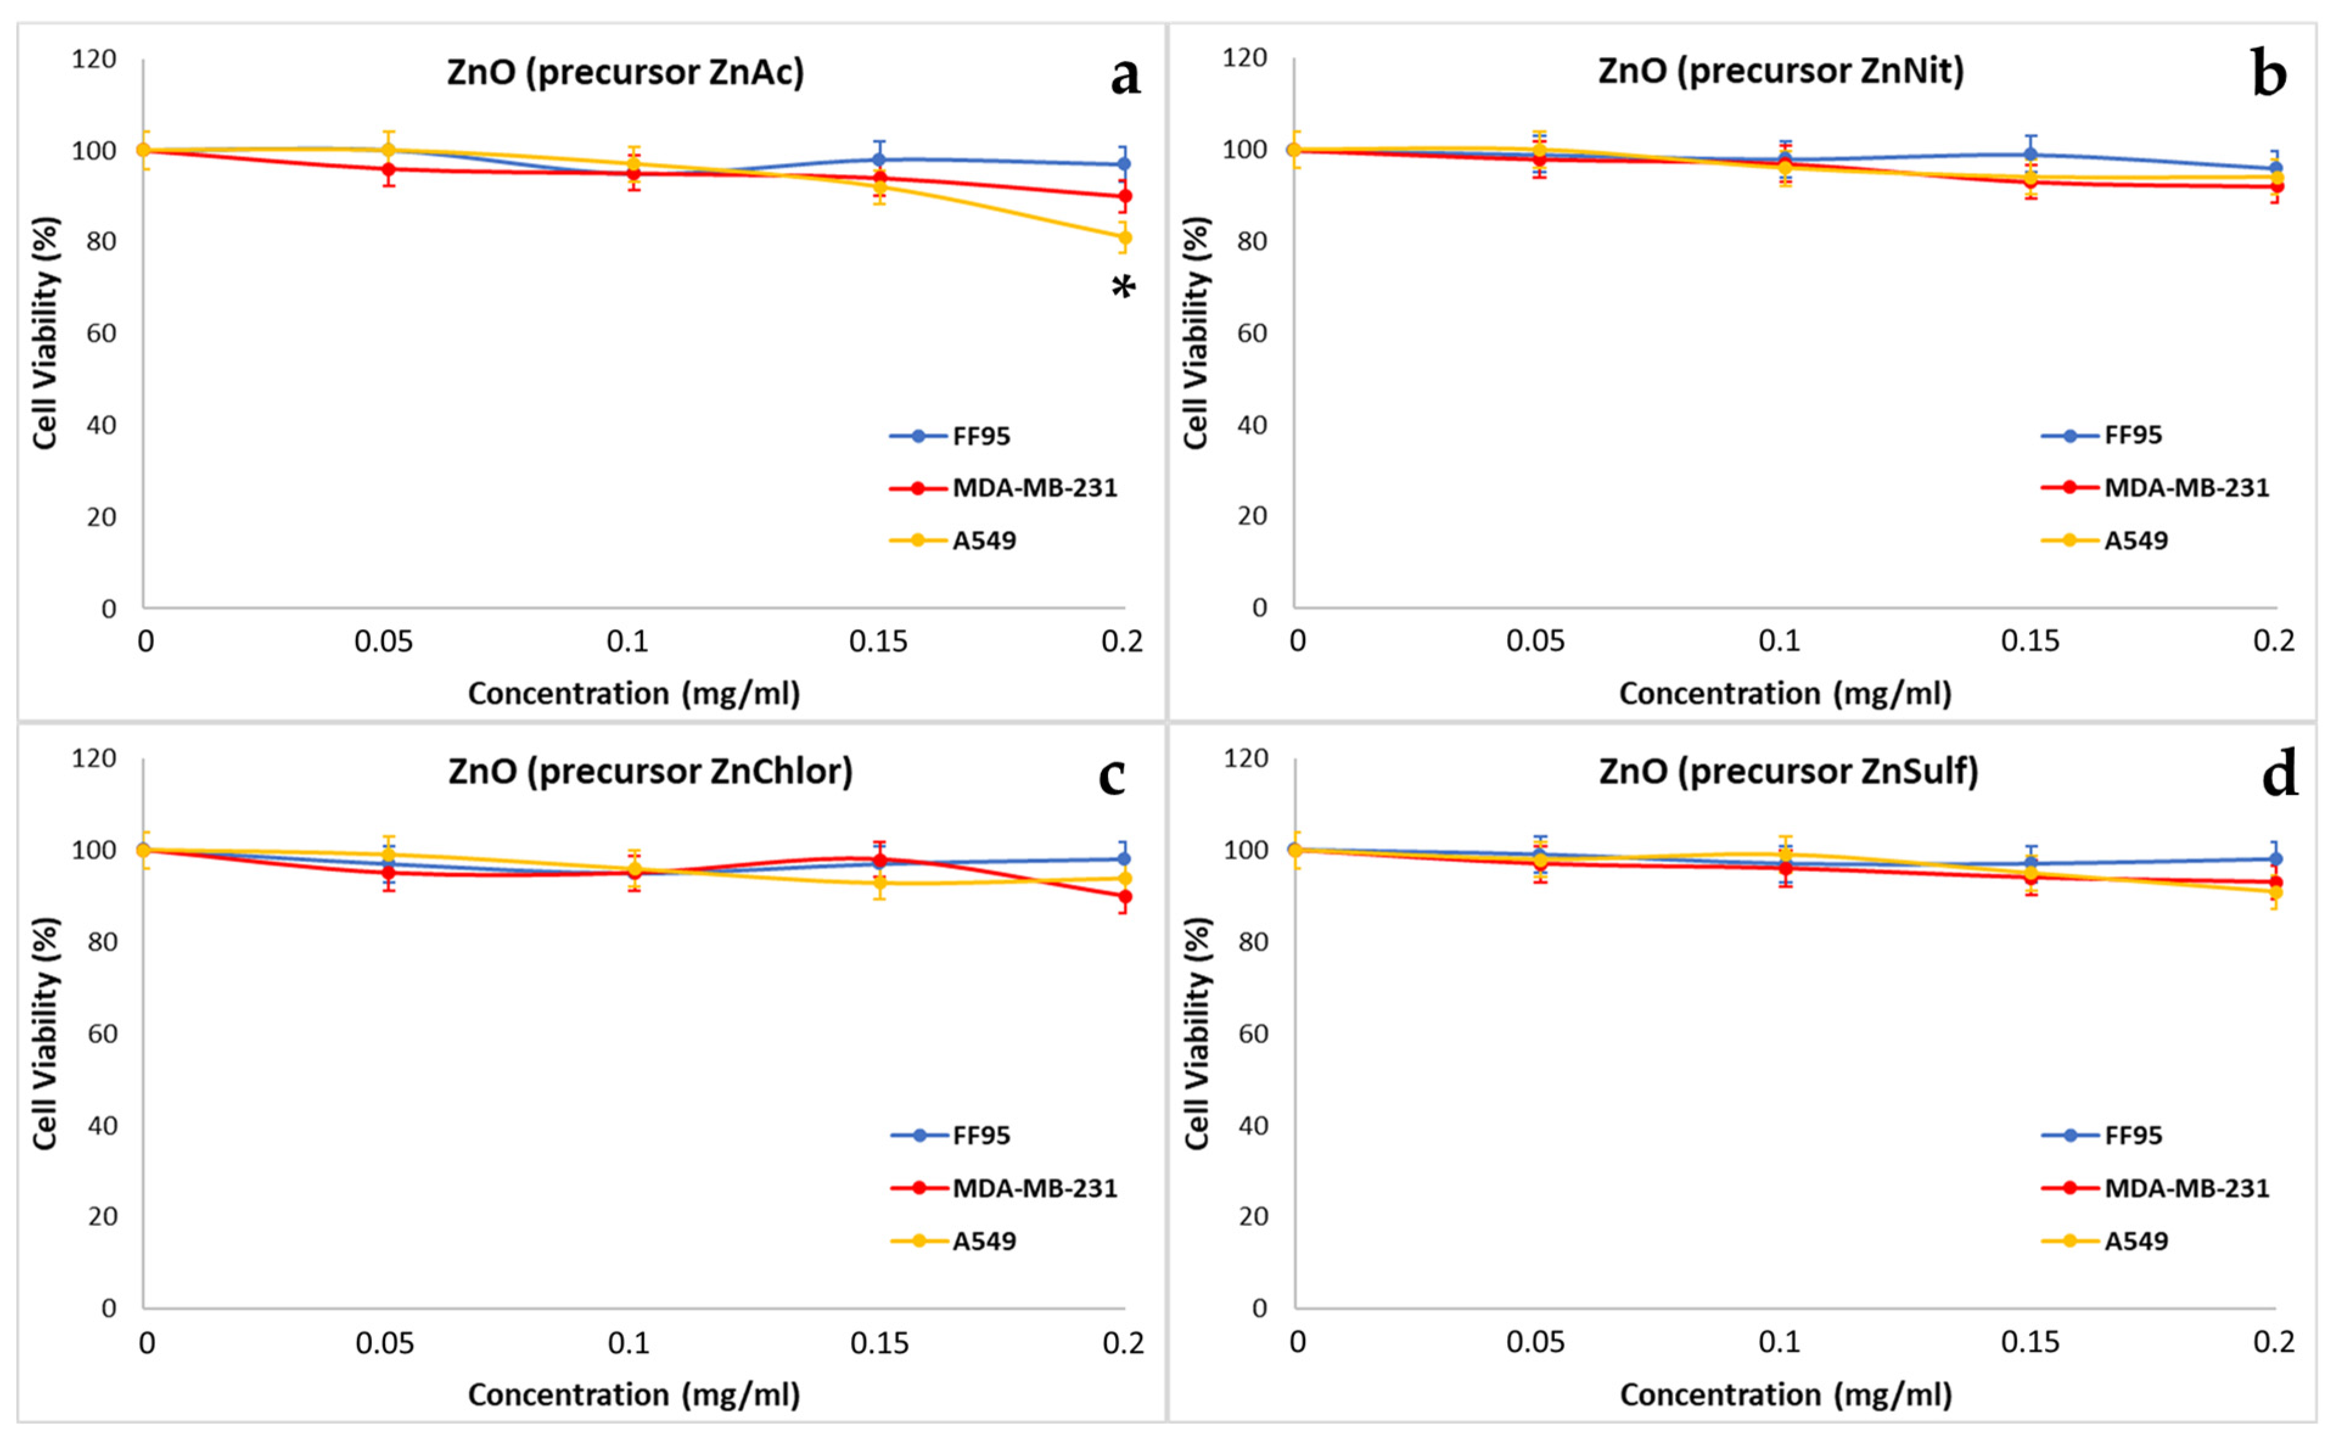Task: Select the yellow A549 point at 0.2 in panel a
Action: pyautogui.click(x=1124, y=237)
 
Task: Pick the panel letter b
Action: pyautogui.click(x=2270, y=74)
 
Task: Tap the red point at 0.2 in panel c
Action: pyautogui.click(x=1124, y=896)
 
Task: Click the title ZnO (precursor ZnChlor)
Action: pyautogui.click(x=650, y=771)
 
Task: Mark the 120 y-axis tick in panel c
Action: pyautogui.click(x=94, y=758)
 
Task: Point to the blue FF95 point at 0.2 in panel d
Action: pyautogui.click(x=2275, y=859)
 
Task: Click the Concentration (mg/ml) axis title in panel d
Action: pyautogui.click(x=1785, y=1395)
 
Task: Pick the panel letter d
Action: pyautogui.click(x=2279, y=775)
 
